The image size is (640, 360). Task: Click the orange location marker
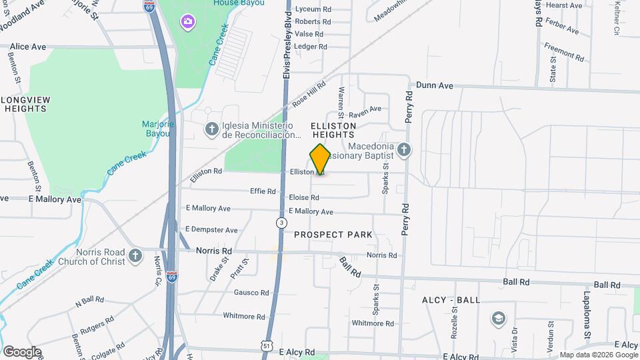[320, 159]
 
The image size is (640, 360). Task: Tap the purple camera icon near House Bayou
[188, 22]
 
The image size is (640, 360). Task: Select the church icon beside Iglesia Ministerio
[211, 128]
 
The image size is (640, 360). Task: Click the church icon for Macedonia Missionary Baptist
[403, 149]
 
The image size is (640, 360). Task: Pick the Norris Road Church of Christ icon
[135, 255]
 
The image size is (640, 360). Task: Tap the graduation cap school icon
[497, 317]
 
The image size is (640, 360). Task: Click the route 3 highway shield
[283, 222]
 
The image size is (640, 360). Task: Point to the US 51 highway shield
[266, 345]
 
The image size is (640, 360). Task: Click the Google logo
[22, 352]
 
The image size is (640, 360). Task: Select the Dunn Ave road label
[434, 85]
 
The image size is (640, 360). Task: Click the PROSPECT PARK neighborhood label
[333, 235]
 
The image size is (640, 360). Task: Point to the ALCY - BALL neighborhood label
[451, 300]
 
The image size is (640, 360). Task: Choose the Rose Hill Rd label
[309, 95]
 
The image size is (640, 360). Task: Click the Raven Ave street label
[365, 109]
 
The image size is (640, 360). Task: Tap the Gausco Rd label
[251, 293]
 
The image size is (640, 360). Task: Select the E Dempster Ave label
[211, 229]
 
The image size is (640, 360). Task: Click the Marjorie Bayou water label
[156, 129]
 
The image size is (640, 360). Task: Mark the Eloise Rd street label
[304, 197]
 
